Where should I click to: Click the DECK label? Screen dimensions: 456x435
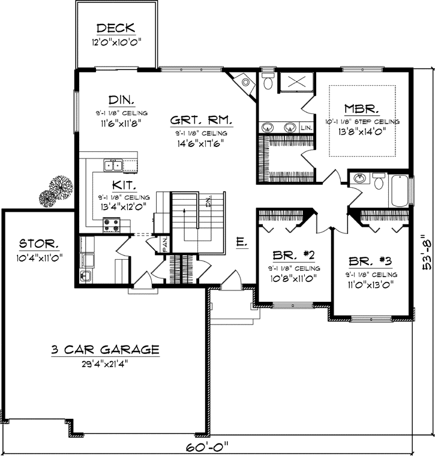(116, 28)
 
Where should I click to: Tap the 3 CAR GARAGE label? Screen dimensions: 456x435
(105, 349)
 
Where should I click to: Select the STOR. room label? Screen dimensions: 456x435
(40, 244)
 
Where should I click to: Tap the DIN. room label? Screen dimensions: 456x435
(121, 99)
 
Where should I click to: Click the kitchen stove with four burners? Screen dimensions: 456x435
(112, 225)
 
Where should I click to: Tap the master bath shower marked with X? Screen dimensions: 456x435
(295, 82)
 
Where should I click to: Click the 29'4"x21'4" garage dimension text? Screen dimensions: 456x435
(105, 363)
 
